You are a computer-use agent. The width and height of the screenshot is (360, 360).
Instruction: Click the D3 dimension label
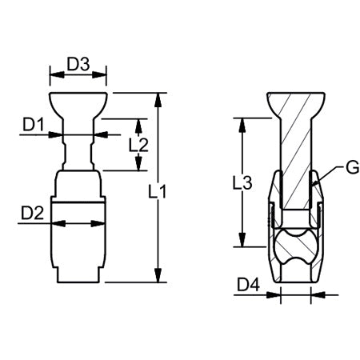[78, 64]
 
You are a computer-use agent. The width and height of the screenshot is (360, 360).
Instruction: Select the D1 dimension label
[33, 124]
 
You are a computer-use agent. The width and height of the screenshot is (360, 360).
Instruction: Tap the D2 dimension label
[31, 213]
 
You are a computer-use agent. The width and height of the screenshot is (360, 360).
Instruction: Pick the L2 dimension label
[138, 145]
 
